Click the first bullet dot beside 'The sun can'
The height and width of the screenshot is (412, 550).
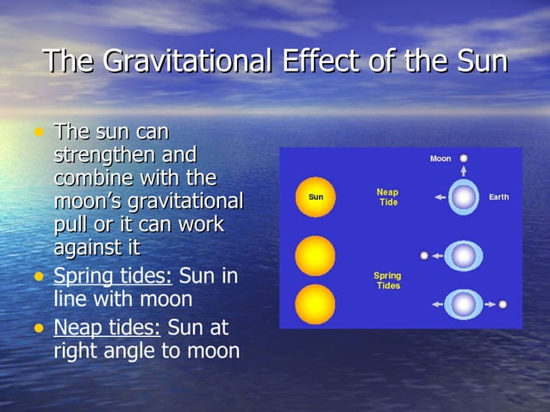point(38,133)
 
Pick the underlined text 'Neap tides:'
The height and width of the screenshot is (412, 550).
point(107,328)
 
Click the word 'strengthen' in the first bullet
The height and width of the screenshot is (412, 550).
point(125,156)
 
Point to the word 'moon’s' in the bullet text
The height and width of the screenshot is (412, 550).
point(83,202)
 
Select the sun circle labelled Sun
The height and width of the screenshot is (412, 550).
point(315,197)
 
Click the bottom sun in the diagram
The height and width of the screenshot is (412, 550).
point(315,304)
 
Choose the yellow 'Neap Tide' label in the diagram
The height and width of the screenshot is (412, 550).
point(387,197)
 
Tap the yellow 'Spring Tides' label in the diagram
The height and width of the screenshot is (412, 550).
point(387,280)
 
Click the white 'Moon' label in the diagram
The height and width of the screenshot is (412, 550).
point(441,159)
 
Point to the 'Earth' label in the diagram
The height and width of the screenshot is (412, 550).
point(498,197)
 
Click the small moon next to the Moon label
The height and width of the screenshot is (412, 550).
point(464,159)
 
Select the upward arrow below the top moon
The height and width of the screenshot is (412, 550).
point(464,172)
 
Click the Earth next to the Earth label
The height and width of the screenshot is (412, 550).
point(464,197)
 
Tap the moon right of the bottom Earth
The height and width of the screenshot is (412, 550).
point(503,304)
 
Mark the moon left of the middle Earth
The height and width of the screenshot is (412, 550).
point(424,255)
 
